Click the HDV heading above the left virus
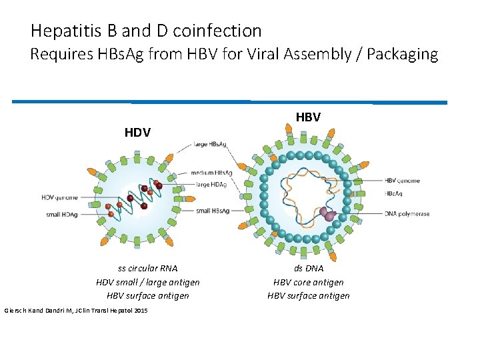[x=137, y=133]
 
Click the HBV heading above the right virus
[x=308, y=117]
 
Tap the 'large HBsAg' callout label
[x=211, y=144]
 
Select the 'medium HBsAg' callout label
[x=211, y=173]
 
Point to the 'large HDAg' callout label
[x=211, y=185]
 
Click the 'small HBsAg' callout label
[x=213, y=211]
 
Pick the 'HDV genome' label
[x=59, y=197]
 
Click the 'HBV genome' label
[x=403, y=181]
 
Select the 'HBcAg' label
[x=394, y=193]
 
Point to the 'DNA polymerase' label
[x=407, y=214]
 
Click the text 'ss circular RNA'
[x=147, y=268]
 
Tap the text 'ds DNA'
[x=308, y=268]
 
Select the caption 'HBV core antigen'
[x=309, y=282]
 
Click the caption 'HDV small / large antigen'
[x=148, y=282]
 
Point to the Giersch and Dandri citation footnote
[x=76, y=311]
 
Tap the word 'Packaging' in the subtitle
[x=400, y=54]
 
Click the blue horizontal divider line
[x=229, y=102]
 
